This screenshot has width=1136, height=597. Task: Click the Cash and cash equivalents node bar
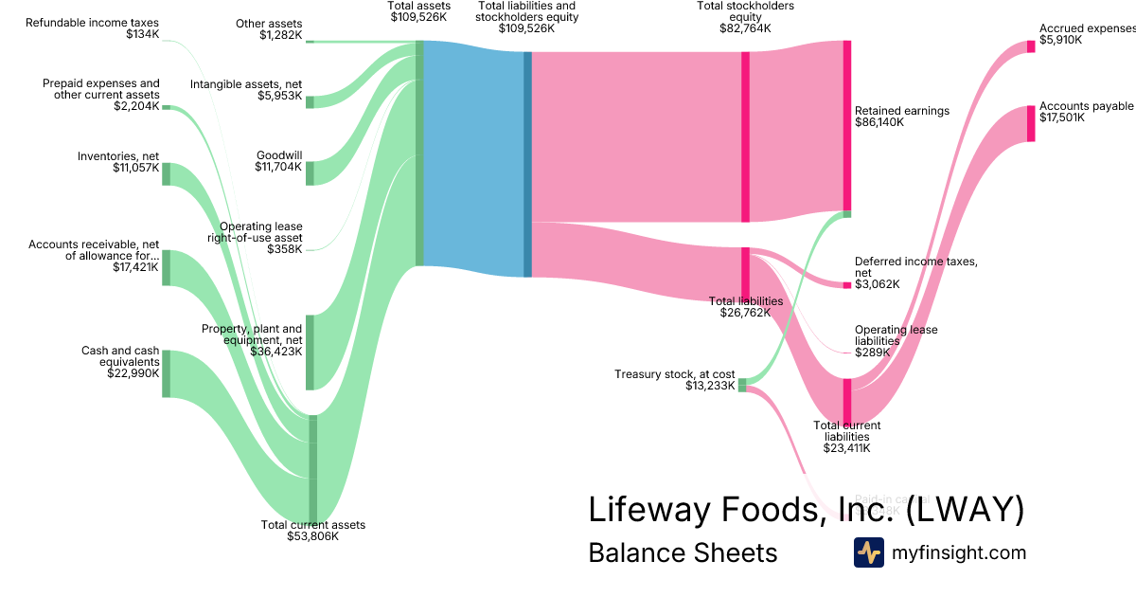pos(167,373)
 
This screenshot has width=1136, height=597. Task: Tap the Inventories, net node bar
pos(167,173)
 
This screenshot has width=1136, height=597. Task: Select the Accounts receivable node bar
pos(167,267)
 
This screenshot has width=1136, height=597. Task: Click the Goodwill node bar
pos(310,173)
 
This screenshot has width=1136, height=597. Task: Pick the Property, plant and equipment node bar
pos(310,352)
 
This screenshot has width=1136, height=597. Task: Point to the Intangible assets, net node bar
pos(310,101)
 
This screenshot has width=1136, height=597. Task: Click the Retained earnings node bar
pos(847,125)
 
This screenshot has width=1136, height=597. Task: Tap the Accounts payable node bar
pos(1031,123)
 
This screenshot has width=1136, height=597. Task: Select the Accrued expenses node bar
pos(1031,46)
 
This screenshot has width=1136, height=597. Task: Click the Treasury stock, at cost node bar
pos(742,385)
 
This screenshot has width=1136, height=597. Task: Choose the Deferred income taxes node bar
pos(847,285)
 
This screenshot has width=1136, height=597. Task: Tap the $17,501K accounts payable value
pos(1060,118)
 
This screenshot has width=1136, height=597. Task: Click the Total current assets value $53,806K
pos(312,536)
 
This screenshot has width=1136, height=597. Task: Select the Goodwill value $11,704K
pos(278,167)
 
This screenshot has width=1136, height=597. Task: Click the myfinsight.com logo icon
pos(868,552)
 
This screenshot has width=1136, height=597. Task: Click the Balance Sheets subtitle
pos(683,552)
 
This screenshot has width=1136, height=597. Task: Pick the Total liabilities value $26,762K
pos(745,313)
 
